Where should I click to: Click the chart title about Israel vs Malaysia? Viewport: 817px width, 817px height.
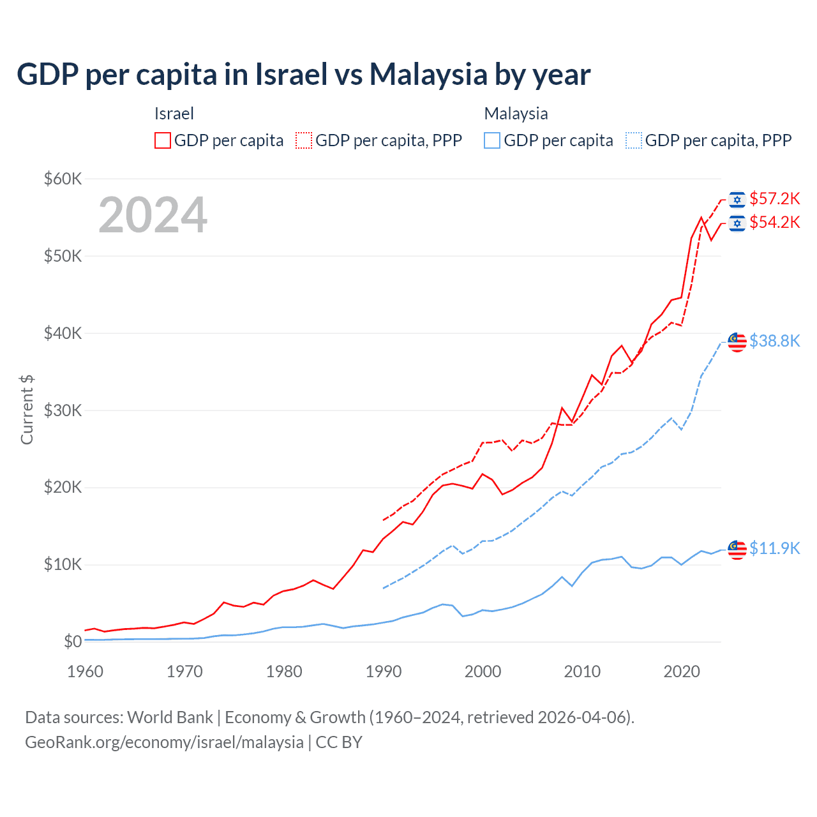coord(303,75)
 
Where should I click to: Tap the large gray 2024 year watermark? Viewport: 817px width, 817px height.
coord(153,215)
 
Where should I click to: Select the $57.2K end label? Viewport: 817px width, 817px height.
coord(774,199)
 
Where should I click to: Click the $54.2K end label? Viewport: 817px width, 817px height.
coord(774,222)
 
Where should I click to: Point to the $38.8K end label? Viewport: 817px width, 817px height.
coord(774,341)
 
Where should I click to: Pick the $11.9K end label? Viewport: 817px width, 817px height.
coord(774,548)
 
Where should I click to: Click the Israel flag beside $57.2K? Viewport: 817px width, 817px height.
coord(737,200)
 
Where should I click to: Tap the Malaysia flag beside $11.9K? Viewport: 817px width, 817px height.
coord(737,549)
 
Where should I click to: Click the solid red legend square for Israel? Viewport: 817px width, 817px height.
coord(163,140)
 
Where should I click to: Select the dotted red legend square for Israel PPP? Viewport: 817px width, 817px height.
coord(304,140)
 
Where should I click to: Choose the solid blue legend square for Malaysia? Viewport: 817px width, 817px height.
coord(492,140)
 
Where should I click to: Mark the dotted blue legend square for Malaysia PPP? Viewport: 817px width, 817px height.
coord(634,140)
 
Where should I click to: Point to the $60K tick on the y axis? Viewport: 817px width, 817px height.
coord(63,179)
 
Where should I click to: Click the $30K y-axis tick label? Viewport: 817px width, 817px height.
coord(63,410)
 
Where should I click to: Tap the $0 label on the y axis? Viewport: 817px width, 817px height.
coord(73,641)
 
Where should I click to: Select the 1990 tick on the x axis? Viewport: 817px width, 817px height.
coord(384,671)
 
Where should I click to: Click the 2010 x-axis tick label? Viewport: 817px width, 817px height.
coord(582,671)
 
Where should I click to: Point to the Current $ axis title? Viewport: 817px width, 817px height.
coord(27,410)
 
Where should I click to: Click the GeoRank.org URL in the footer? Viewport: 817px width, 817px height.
coord(164,742)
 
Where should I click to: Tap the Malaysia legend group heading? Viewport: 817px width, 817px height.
coord(516,114)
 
